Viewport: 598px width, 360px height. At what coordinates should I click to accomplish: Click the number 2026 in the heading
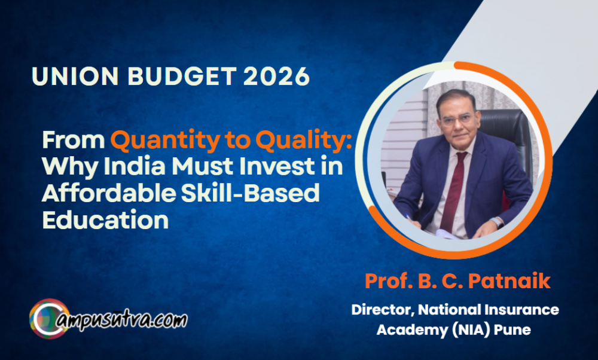(x=276, y=76)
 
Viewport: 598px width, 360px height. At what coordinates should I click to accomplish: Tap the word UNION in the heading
(x=75, y=76)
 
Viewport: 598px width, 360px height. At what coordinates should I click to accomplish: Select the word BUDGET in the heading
(x=182, y=76)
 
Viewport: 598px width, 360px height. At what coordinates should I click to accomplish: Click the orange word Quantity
(x=165, y=141)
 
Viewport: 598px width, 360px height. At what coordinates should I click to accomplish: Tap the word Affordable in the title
(x=109, y=193)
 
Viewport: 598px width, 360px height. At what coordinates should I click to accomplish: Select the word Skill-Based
(x=250, y=193)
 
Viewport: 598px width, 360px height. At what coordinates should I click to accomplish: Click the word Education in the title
(x=105, y=219)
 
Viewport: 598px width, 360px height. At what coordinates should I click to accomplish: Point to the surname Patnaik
(x=509, y=281)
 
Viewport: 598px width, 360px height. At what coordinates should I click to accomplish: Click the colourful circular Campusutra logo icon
(x=49, y=319)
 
